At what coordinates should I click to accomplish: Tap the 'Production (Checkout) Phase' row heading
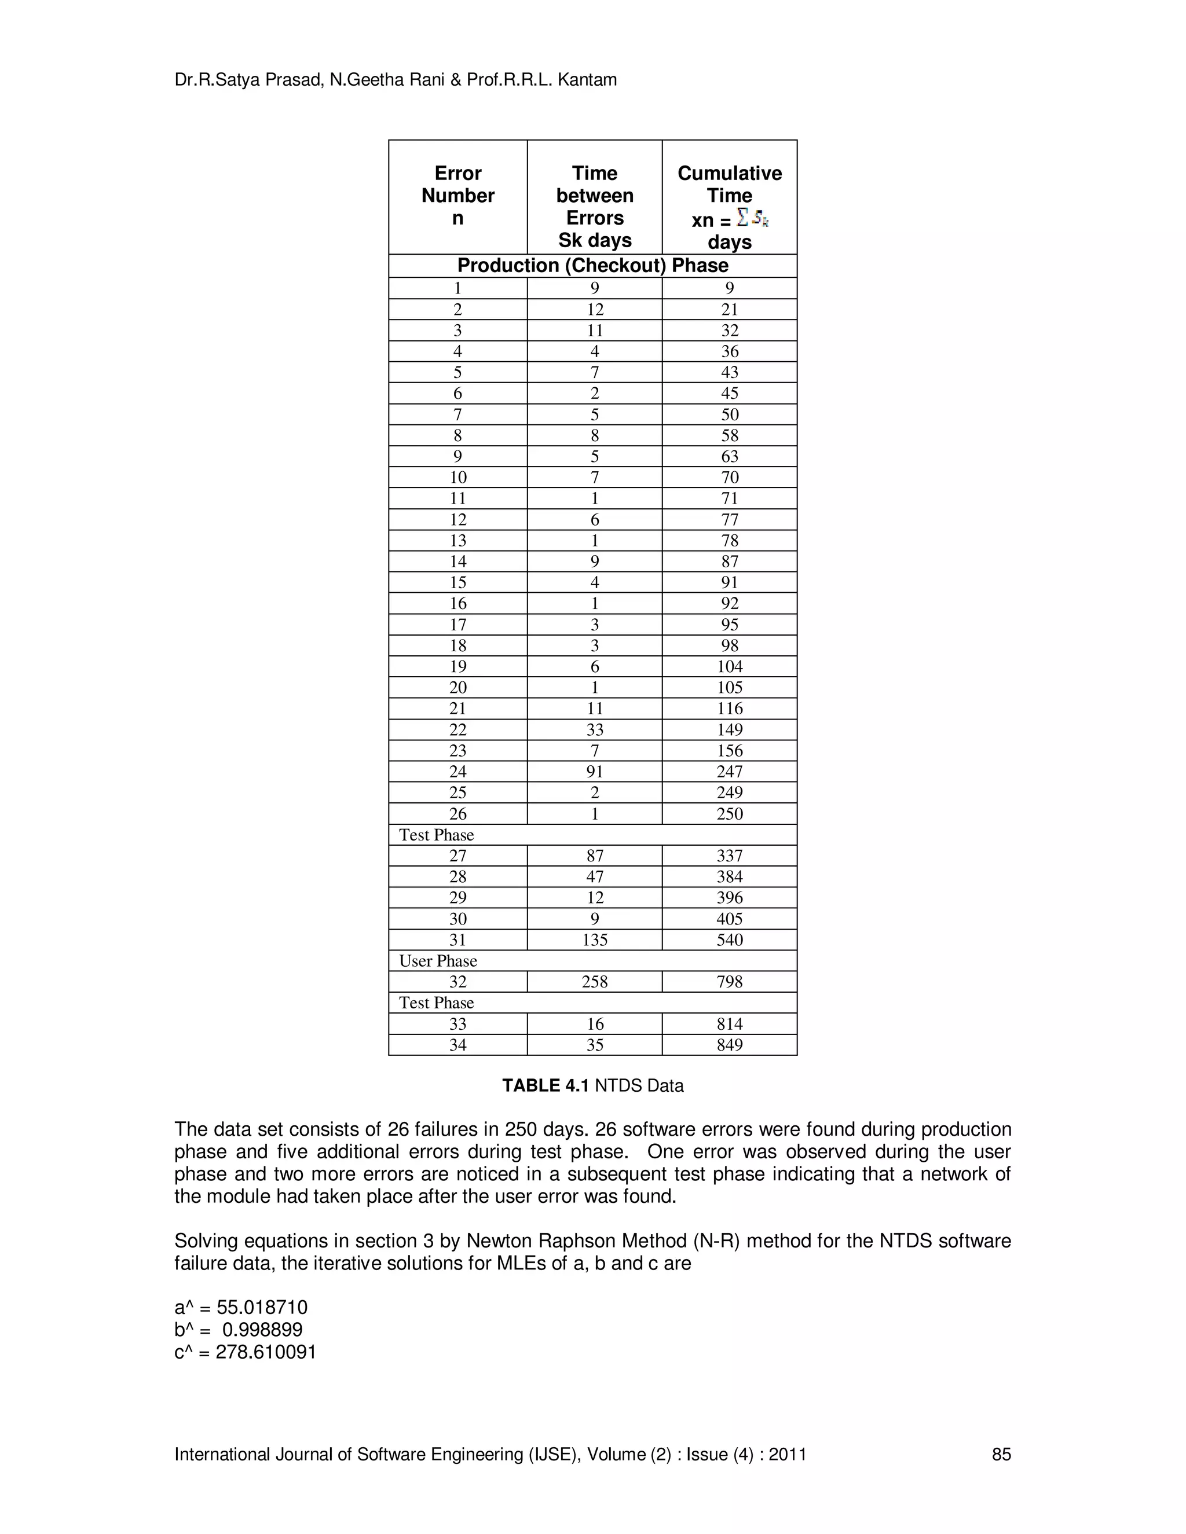[592, 266]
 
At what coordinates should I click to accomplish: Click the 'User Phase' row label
[438, 961]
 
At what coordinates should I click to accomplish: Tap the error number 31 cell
[457, 940]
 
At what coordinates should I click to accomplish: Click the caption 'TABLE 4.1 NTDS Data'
[592, 1086]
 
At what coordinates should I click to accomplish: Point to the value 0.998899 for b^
[262, 1330]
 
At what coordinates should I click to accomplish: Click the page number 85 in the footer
[1001, 1455]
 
